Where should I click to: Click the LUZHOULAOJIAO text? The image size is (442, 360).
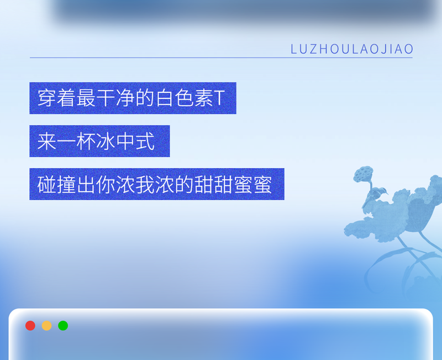pyautogui.click(x=352, y=49)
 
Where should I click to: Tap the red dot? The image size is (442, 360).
pyautogui.click(x=30, y=326)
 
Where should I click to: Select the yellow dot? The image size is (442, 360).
pyautogui.click(x=47, y=326)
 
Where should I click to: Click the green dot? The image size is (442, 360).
pyautogui.click(x=63, y=326)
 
